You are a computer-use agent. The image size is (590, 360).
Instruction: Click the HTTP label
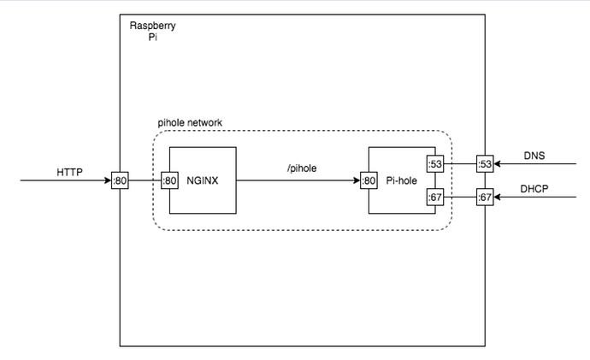(x=70, y=173)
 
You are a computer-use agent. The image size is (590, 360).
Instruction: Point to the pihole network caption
(x=191, y=122)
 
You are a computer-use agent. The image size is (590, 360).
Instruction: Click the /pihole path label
(x=302, y=168)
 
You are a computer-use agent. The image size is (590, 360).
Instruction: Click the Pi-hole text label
(x=401, y=181)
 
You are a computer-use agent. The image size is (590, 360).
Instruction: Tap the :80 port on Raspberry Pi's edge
(x=120, y=180)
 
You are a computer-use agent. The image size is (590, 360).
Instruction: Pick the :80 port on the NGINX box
(x=169, y=180)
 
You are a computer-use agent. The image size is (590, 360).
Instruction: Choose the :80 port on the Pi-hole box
(x=369, y=180)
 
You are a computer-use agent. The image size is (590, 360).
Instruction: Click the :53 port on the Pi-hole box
(x=435, y=163)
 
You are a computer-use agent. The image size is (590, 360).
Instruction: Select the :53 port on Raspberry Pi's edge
(x=485, y=163)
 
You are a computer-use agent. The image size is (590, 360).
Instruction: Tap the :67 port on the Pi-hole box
(x=435, y=198)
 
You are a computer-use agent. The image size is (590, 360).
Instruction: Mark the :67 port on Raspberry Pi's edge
(x=485, y=198)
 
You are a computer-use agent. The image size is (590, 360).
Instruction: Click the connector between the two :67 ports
(x=460, y=198)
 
